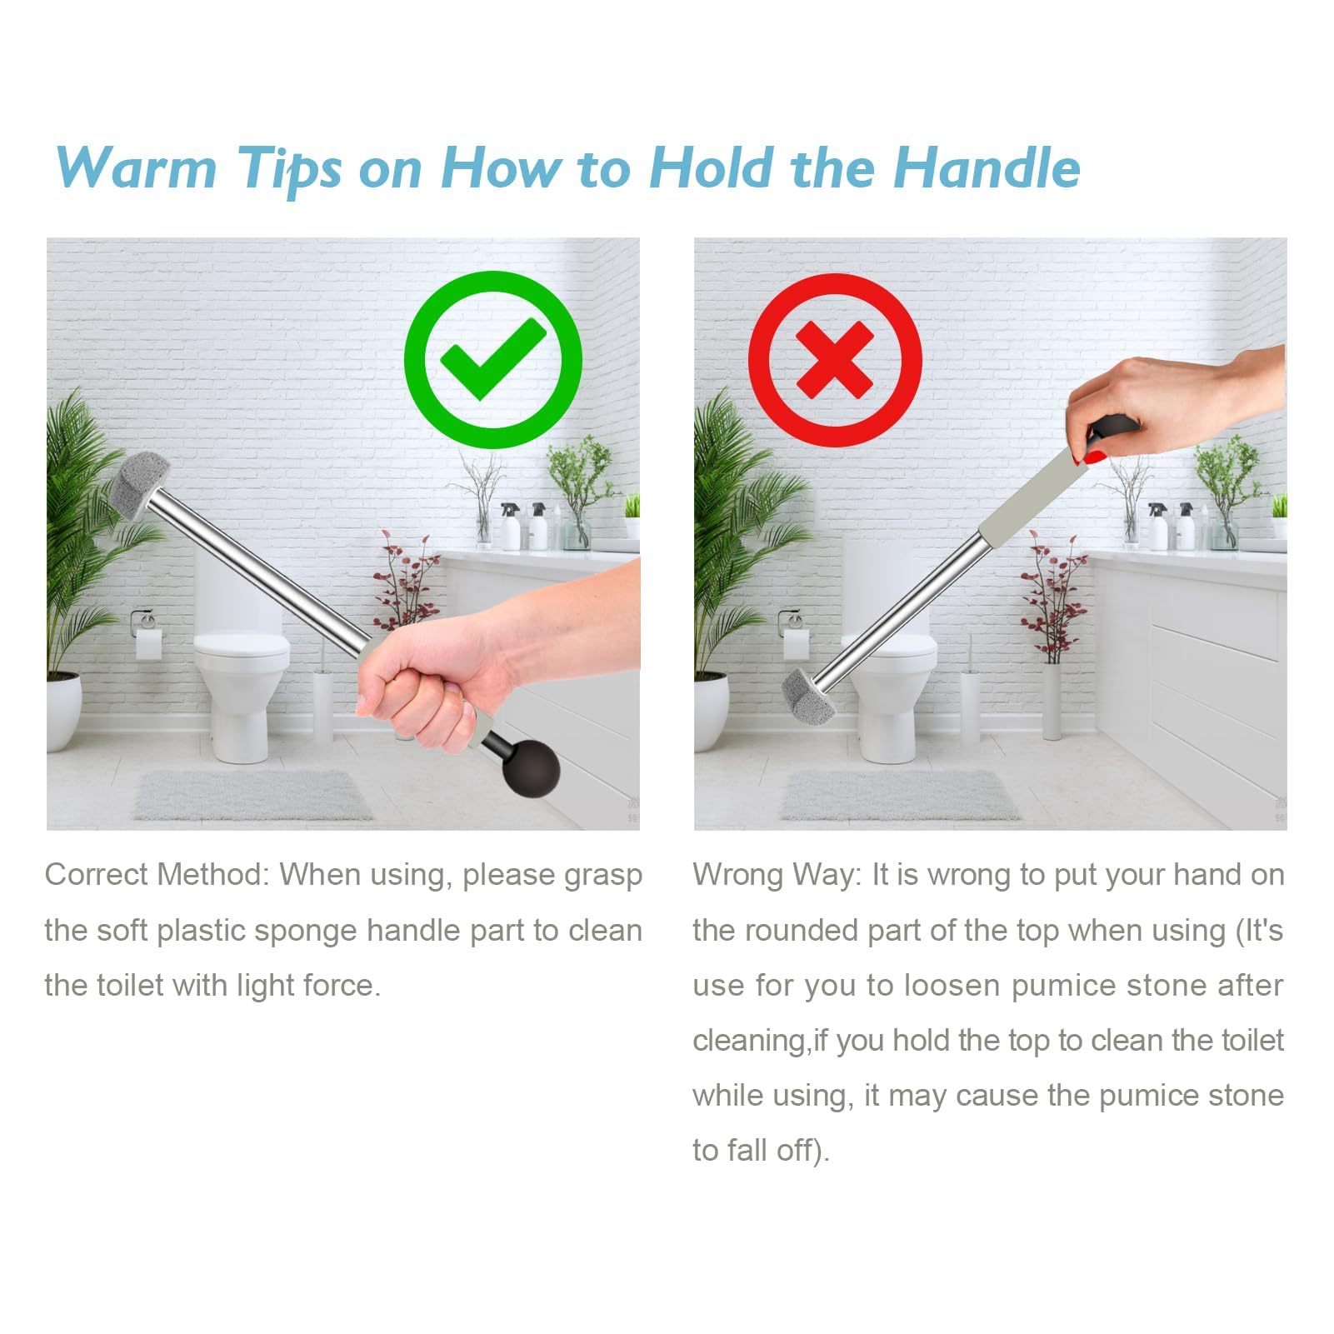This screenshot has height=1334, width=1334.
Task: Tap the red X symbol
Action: (x=835, y=360)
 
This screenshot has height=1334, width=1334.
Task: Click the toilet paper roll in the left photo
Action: (x=149, y=644)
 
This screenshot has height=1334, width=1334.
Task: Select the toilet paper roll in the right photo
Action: (x=797, y=644)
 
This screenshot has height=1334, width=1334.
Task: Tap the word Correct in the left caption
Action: (x=99, y=874)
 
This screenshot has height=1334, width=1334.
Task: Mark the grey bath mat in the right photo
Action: (x=900, y=795)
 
